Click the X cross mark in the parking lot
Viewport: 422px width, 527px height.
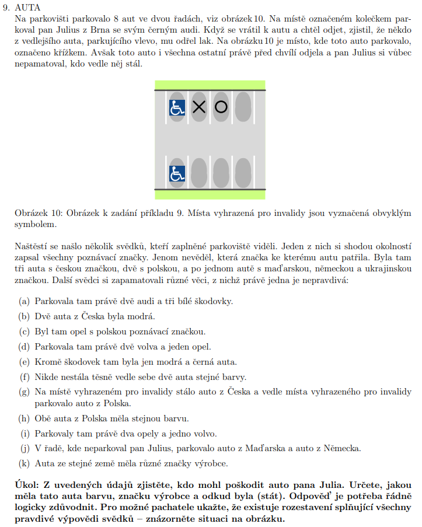click(199, 107)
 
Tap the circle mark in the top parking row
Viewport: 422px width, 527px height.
click(221, 107)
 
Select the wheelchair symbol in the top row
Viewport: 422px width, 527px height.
click(177, 107)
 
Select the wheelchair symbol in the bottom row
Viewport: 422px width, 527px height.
click(177, 173)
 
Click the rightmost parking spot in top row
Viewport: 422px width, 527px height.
click(242, 107)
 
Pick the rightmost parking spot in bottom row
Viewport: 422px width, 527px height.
click(242, 173)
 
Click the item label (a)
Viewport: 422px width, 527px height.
click(24, 301)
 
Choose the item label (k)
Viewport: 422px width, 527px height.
click(24, 463)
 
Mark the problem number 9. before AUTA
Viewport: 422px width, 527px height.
click(8, 8)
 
